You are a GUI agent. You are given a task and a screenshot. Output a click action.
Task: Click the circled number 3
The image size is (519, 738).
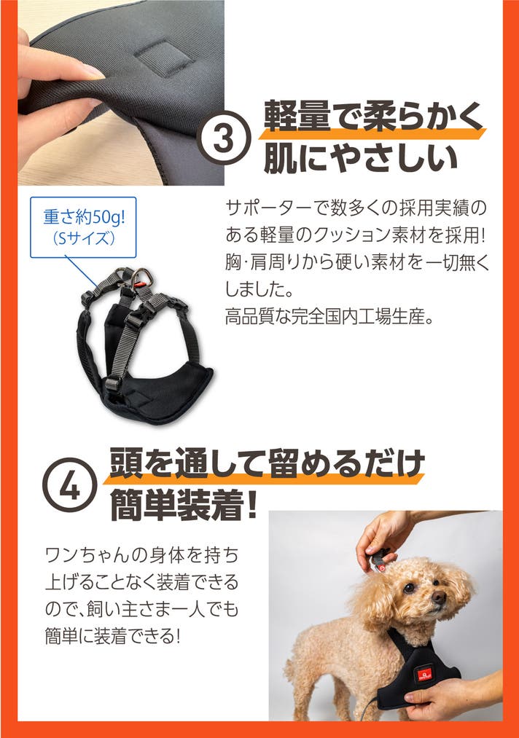click(224, 138)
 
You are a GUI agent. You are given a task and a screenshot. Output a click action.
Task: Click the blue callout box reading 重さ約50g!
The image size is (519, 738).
click(83, 227)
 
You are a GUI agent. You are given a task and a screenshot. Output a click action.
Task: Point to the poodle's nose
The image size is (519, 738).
click(439, 597)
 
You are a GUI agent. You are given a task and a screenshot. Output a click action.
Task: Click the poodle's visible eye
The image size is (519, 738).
click(409, 587)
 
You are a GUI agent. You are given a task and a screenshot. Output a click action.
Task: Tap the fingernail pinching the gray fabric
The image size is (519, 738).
click(93, 72)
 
